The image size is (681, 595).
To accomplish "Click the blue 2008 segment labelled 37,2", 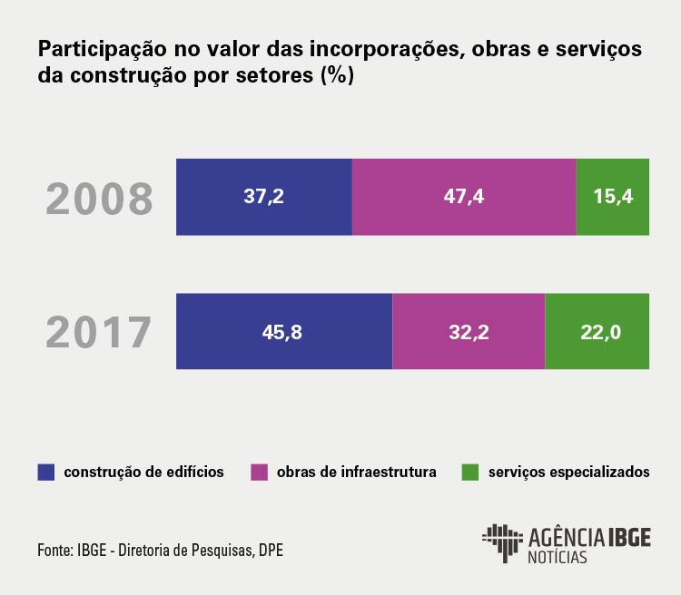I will (263, 197).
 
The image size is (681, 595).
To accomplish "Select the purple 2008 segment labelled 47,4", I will (464, 197).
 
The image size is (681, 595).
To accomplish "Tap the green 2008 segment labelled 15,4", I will (613, 197).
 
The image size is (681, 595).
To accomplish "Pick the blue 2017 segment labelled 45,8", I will (284, 331).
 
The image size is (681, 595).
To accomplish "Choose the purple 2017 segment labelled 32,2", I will (469, 331).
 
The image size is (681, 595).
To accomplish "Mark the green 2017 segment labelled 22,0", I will (597, 331).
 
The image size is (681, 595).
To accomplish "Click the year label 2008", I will (100, 200).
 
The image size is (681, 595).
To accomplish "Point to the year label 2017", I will (100, 333).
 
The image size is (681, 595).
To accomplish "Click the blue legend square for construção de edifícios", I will (46, 473).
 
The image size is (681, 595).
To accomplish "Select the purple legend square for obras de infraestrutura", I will (260, 473).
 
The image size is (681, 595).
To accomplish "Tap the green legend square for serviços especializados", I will (470, 473).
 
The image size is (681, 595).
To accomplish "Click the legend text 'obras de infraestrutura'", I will (357, 473).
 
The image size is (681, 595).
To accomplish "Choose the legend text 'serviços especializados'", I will (568, 473).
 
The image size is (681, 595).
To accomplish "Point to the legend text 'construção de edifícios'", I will (143, 473).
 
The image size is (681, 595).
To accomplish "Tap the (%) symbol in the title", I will (336, 77).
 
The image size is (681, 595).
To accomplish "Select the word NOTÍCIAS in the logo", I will (557, 557).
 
